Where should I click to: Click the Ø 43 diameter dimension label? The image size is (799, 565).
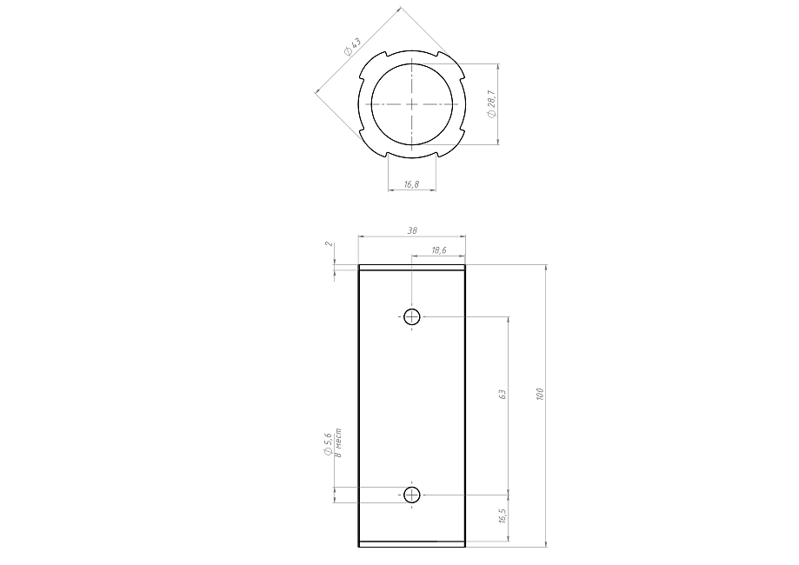[352, 46]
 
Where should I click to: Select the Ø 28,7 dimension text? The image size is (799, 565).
[492, 104]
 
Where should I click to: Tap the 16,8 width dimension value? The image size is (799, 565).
[412, 184]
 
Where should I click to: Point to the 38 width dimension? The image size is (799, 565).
[412, 231]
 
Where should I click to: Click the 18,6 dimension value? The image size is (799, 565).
[439, 250]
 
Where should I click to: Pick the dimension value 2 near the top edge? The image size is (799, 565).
[330, 244]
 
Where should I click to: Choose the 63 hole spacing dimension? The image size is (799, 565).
[502, 395]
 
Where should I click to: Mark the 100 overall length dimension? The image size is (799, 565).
[540, 395]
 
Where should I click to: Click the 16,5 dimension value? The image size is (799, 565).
[503, 516]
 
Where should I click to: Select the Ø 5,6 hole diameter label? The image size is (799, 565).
[327, 445]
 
